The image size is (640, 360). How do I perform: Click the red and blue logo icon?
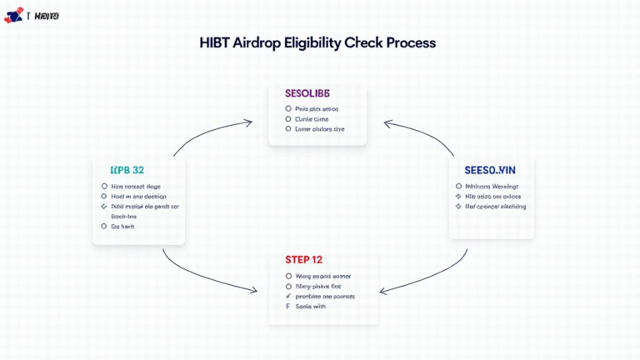[13, 15]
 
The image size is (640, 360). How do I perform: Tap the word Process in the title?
[409, 42]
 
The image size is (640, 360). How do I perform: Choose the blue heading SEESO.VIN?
[491, 169]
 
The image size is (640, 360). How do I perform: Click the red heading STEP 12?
[317, 259]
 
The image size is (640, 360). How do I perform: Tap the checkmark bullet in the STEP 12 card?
[288, 296]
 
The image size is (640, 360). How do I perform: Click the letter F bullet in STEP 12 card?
[288, 307]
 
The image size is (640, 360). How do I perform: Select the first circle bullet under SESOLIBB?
[288, 108]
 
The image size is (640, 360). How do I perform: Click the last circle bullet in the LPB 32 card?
[104, 226]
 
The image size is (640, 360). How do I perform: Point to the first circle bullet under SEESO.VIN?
[458, 187]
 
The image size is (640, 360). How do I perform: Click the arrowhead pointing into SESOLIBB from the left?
[248, 122]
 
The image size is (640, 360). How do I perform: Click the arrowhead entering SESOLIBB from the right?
[387, 123]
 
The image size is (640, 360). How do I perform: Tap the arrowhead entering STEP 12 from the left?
[253, 289]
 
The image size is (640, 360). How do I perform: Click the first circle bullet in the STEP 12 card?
[288, 276]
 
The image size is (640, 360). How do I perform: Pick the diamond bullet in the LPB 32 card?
[104, 206]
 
